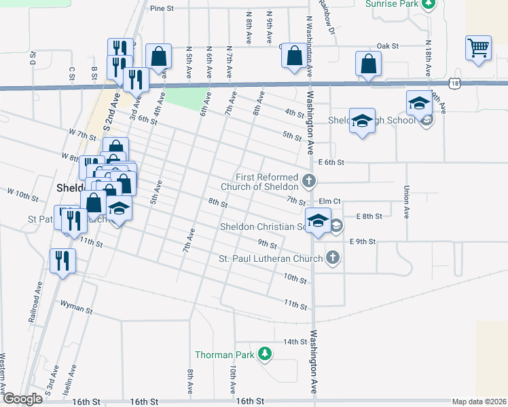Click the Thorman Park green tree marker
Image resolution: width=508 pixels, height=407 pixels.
click(265, 354)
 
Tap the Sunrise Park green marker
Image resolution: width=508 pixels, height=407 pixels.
click(428, 4)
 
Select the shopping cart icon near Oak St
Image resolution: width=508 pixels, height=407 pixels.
click(479, 49)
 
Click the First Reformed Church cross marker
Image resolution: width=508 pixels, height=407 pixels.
click(309, 180)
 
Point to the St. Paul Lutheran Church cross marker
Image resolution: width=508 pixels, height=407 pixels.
click(332, 258)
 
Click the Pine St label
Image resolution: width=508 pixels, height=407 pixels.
click(162, 9)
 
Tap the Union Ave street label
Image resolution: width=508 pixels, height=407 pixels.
click(406, 202)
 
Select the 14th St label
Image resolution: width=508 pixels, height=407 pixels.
click(295, 341)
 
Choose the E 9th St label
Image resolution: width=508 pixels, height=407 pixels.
click(362, 241)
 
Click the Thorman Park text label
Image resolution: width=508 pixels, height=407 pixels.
click(223, 355)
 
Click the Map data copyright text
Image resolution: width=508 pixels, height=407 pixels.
click(478, 402)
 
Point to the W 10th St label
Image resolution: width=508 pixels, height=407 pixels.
click(23, 195)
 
